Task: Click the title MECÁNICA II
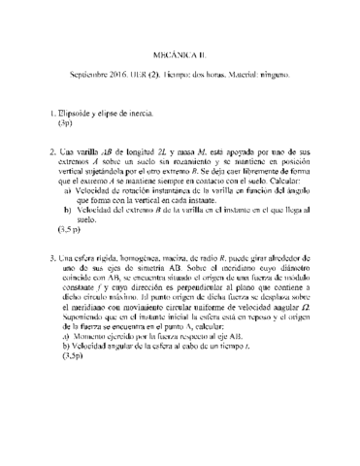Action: coord(180,55)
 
